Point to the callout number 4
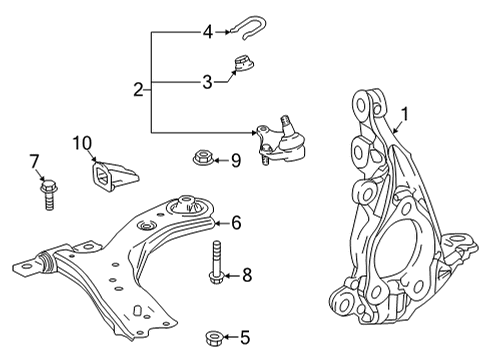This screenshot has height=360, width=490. click(x=208, y=32)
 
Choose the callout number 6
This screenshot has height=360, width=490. click(x=236, y=222)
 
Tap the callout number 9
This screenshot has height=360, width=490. click(x=236, y=158)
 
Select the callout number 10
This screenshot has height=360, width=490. click(x=81, y=143)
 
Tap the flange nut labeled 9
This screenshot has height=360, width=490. click(x=199, y=157)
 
